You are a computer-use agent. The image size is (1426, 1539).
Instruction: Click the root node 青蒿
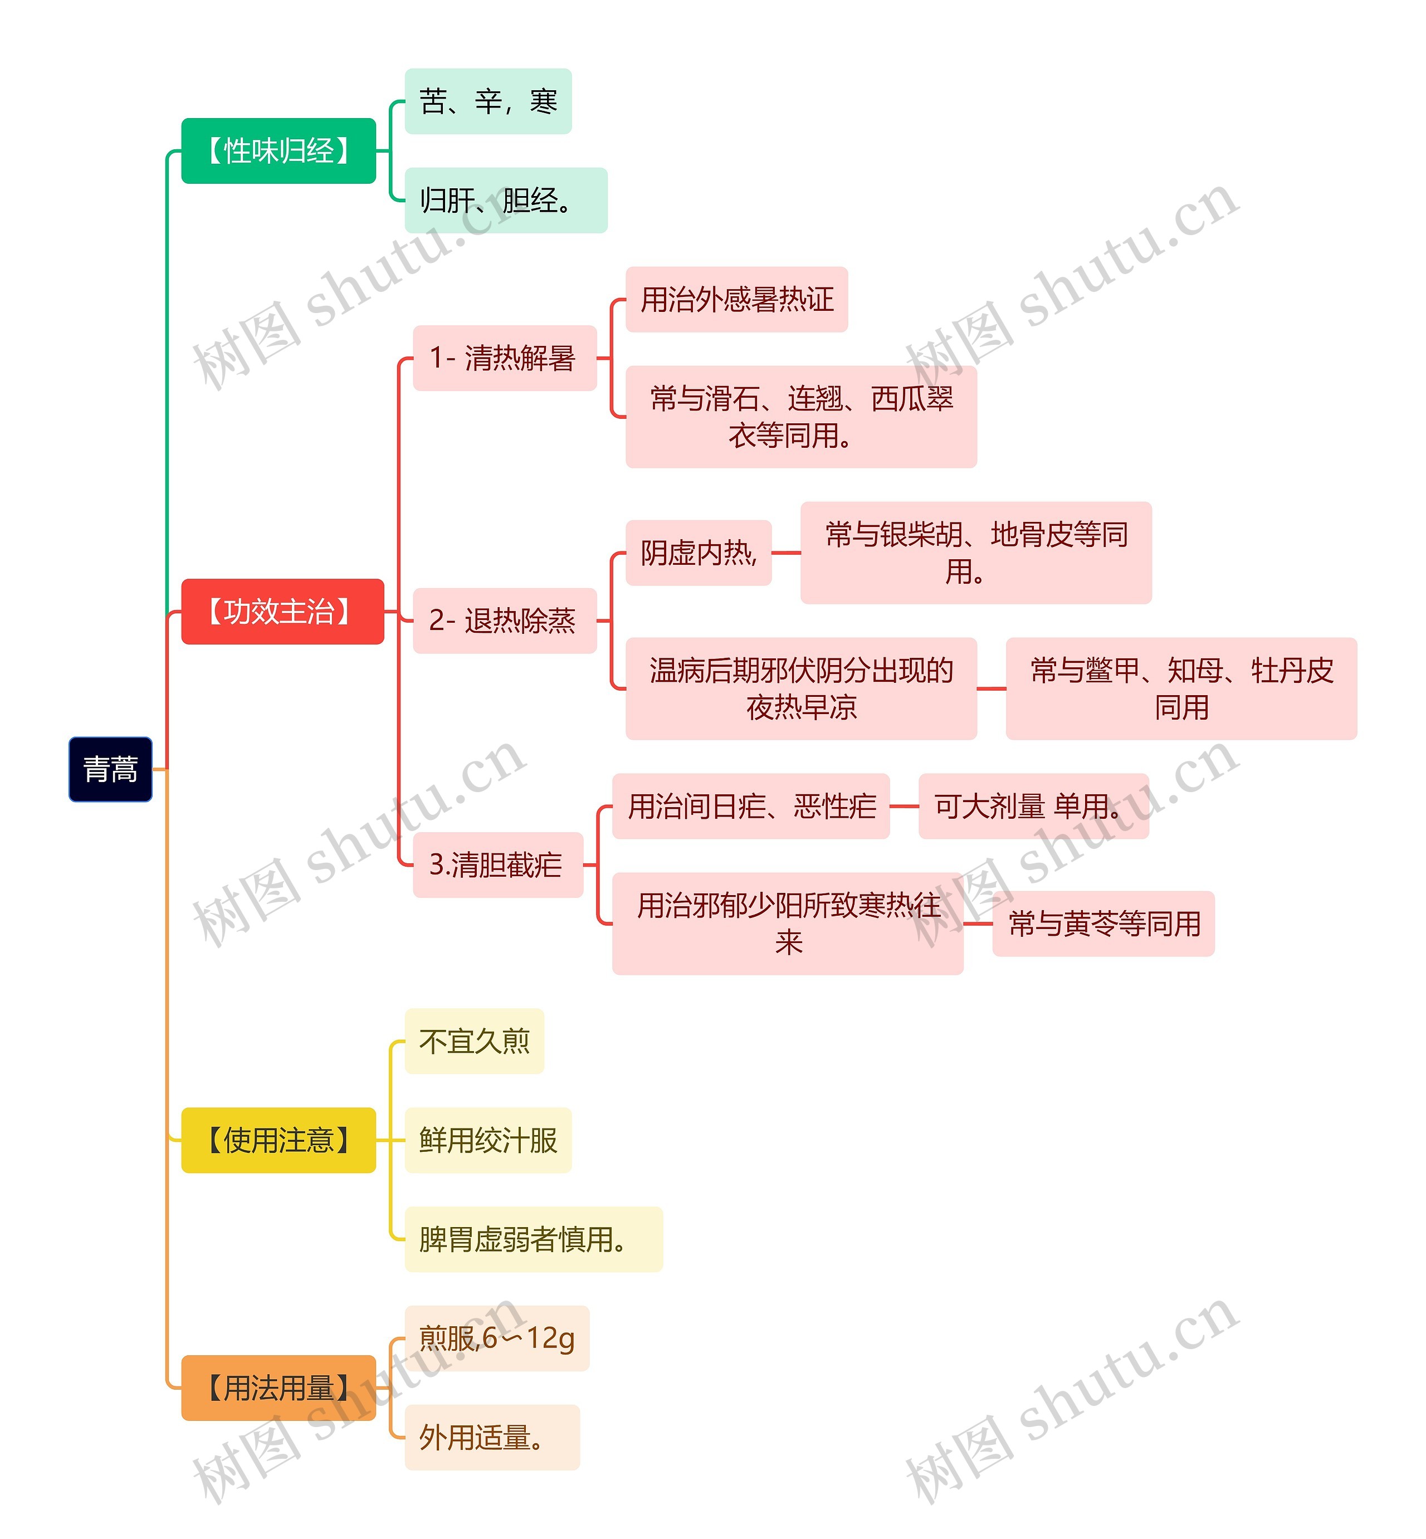click(110, 769)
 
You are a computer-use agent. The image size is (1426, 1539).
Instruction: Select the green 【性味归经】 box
click(279, 151)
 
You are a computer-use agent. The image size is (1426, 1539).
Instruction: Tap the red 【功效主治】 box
click(282, 612)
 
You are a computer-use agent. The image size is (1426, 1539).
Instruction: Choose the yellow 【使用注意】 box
click(279, 1140)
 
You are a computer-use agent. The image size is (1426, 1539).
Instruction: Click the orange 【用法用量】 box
click(279, 1388)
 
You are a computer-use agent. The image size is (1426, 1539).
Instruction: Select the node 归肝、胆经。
click(505, 201)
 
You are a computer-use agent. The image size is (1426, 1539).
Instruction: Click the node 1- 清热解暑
click(505, 358)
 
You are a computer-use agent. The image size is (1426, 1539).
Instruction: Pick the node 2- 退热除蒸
click(505, 621)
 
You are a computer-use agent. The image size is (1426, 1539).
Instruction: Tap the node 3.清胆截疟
click(498, 865)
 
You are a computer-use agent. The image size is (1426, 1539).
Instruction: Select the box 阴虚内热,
click(699, 553)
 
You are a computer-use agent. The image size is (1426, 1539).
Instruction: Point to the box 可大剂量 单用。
click(1033, 806)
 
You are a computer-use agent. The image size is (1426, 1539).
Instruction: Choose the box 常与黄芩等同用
click(1103, 924)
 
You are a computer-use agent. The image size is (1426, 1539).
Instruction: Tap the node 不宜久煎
click(474, 1042)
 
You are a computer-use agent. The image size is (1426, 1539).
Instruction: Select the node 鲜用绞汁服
click(487, 1140)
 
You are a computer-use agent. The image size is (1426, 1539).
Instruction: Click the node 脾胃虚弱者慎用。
click(533, 1240)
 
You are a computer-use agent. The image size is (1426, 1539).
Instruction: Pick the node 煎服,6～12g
click(497, 1338)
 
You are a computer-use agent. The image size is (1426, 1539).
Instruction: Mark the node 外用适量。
click(491, 1437)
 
